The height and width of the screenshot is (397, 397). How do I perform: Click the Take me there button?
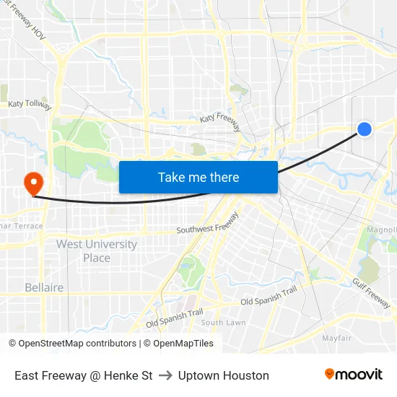[198, 177]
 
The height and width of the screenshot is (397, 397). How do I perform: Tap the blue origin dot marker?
[365, 129]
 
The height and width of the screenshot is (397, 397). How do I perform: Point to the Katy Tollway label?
[30, 104]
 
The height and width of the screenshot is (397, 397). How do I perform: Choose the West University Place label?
[97, 251]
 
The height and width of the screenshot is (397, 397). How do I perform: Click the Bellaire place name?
[44, 287]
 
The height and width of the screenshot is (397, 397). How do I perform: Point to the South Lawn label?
[223, 323]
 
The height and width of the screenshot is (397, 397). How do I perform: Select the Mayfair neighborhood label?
[336, 338]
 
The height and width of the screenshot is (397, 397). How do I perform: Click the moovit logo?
[354, 375]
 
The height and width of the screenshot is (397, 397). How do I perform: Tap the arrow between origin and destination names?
[165, 375]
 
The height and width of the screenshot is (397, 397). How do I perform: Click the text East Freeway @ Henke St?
[84, 375]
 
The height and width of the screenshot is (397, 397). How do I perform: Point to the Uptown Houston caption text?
[224, 375]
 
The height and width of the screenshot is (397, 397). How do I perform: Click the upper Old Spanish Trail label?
[269, 296]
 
